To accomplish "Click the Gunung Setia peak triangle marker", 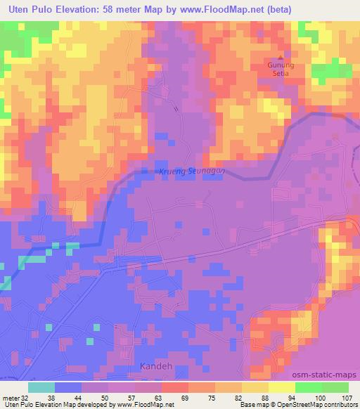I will tap(281, 58).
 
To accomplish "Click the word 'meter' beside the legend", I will tap(11, 397).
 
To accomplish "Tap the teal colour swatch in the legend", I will tap(41, 387).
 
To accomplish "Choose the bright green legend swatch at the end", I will tap(336, 387).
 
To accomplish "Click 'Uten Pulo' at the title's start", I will tap(23, 9).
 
